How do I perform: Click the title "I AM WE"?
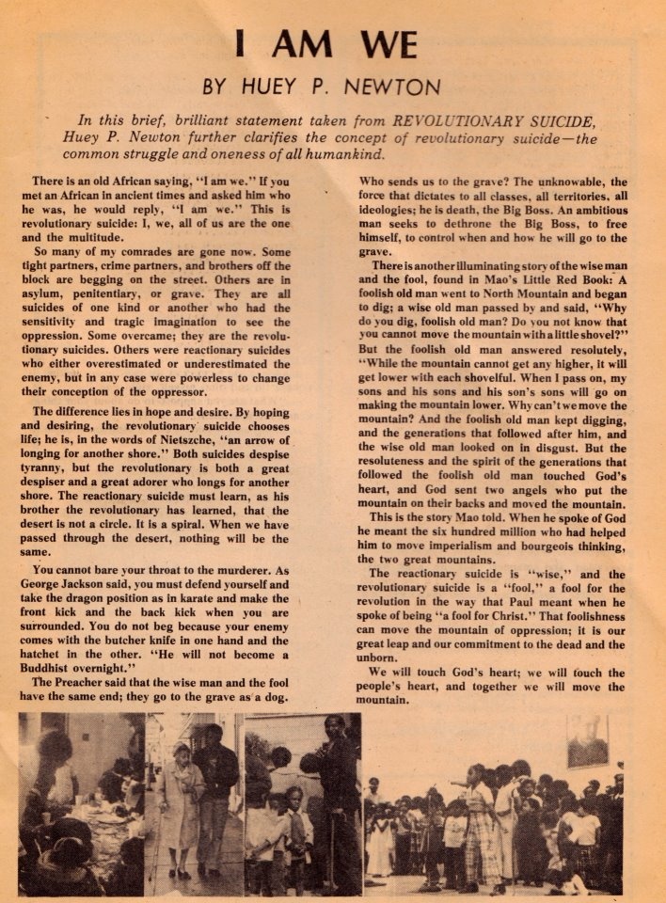[x=332, y=46]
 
